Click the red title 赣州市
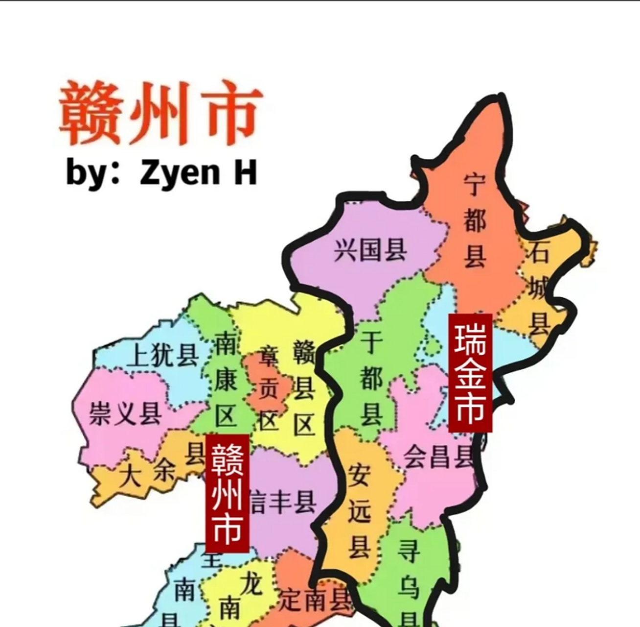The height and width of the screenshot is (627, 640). (x=160, y=114)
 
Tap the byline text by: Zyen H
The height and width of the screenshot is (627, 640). (x=161, y=172)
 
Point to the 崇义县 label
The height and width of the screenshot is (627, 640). (x=126, y=414)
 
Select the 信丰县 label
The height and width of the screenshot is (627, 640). (x=283, y=502)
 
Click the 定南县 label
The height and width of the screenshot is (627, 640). (x=315, y=599)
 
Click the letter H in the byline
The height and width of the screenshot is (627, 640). (x=245, y=172)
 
